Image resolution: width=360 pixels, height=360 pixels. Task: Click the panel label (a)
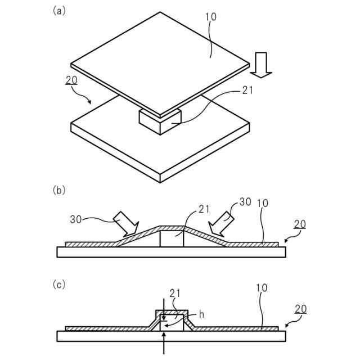tap(58, 11)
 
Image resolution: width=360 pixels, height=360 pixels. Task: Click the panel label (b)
tap(58, 190)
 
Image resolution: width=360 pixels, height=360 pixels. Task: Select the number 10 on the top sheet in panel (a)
tap(210, 17)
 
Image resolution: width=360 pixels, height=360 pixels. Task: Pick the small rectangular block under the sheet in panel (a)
tap(160, 120)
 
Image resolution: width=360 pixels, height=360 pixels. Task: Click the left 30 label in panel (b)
tap(77, 219)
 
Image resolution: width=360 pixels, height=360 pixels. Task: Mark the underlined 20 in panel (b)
tap(300, 224)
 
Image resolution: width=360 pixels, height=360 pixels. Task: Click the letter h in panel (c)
tap(201, 315)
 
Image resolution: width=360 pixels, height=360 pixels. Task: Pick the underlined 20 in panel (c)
tap(300, 308)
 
